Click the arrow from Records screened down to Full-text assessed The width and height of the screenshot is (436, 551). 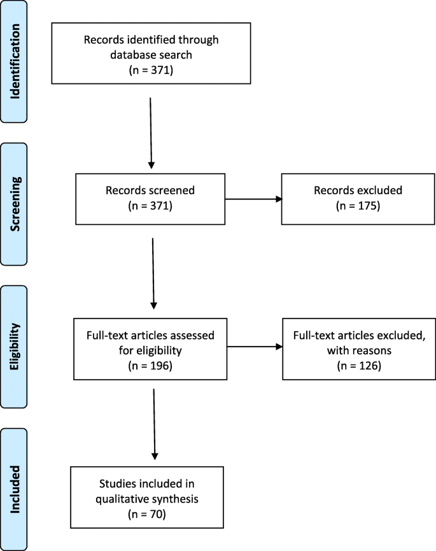tap(153, 273)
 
